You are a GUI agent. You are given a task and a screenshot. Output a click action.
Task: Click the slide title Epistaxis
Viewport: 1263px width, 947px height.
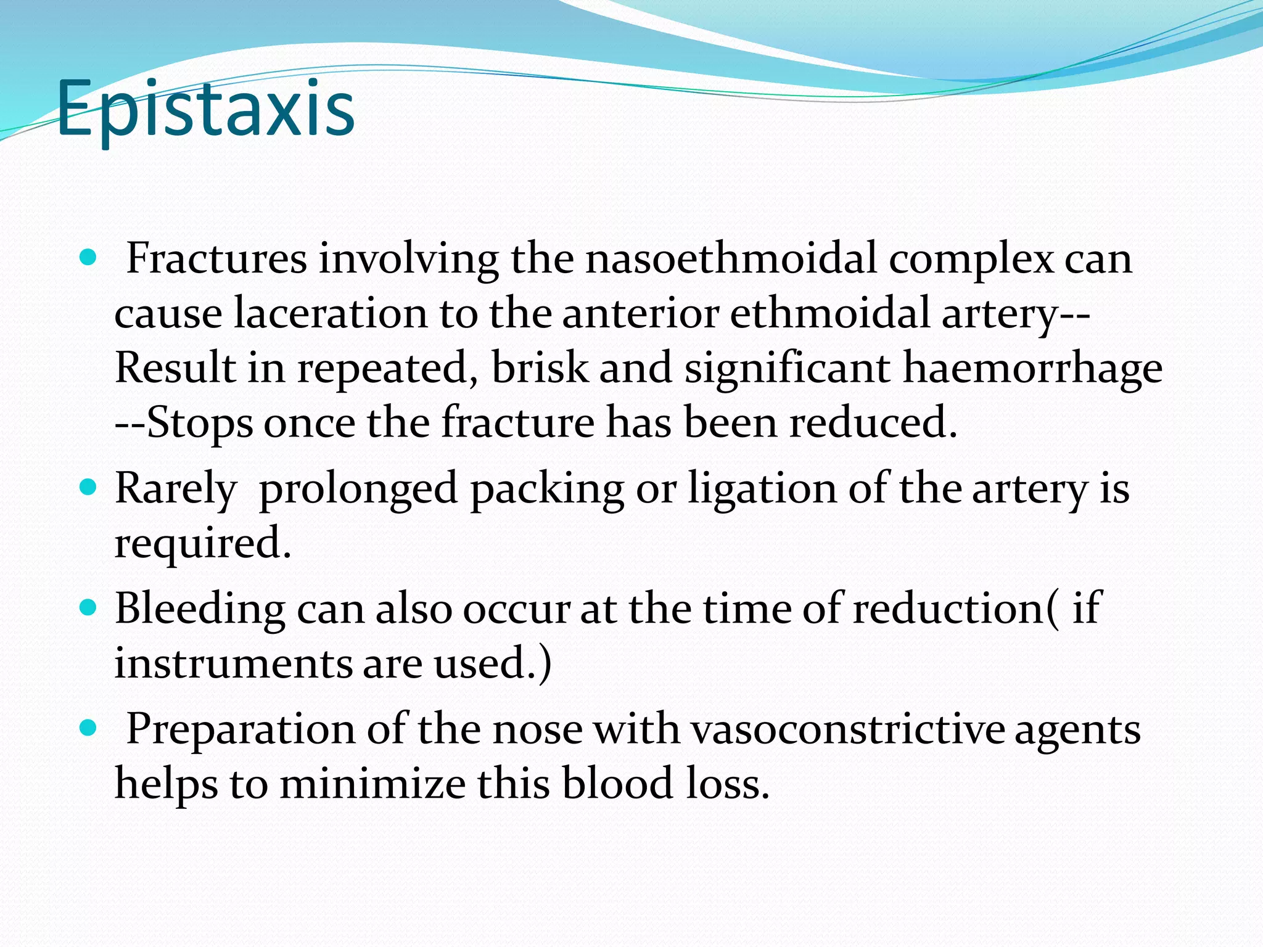coord(205,110)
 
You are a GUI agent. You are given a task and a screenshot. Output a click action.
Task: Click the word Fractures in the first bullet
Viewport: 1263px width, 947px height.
coord(216,259)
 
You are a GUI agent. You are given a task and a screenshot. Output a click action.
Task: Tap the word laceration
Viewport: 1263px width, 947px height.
coord(331,313)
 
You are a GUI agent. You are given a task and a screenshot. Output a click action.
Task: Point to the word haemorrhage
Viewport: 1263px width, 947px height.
coord(1032,368)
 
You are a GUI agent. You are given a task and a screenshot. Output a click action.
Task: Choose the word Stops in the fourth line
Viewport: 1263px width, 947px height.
coord(200,423)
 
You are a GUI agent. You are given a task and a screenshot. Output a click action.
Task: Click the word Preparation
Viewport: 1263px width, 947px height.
coord(241,729)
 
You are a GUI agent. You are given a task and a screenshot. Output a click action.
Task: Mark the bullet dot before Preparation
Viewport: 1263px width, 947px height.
coord(89,728)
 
